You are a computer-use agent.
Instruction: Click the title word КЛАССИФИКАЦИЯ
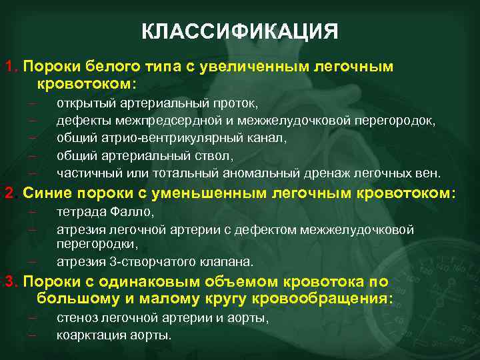click(x=240, y=31)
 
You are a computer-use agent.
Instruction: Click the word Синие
click(x=48, y=193)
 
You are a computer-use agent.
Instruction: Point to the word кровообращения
click(x=321, y=298)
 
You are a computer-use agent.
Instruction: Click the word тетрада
click(x=81, y=212)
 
